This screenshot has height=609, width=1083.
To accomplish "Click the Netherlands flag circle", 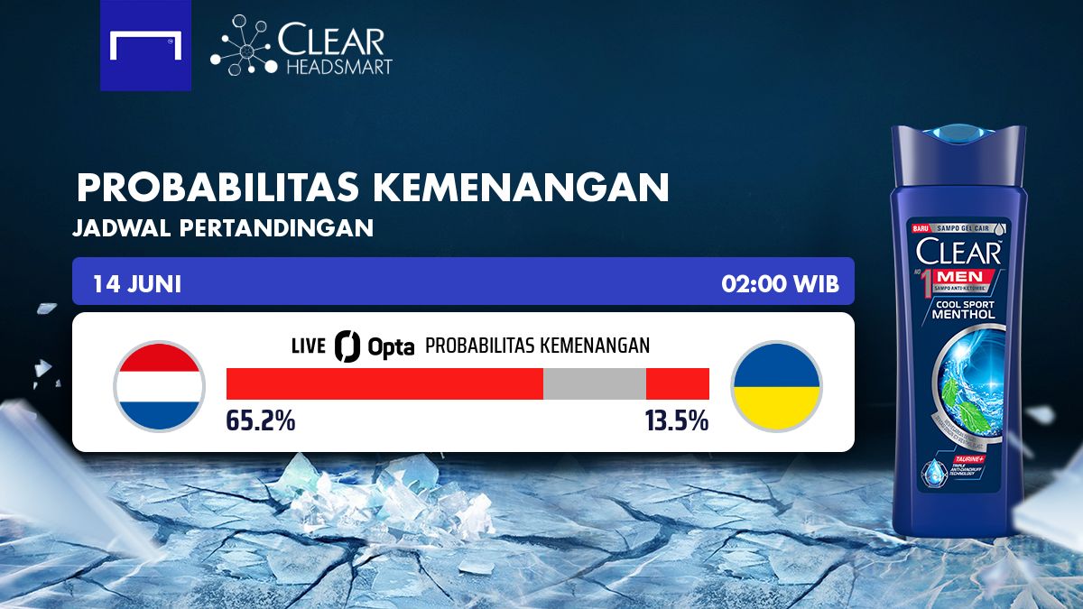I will [159, 386].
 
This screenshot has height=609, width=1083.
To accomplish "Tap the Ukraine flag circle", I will [776, 386].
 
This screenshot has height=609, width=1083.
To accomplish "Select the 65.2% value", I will [261, 420].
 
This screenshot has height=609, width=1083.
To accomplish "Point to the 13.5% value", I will [676, 420].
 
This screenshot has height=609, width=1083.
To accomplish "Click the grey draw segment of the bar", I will [594, 383].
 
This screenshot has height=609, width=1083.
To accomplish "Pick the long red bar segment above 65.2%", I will [384, 383].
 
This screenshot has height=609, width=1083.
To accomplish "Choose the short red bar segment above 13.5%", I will [677, 383].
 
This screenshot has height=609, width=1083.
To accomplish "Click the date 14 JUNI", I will [137, 283].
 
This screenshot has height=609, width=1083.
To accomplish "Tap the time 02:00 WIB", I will [780, 283].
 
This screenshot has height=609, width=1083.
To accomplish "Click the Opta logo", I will [374, 346].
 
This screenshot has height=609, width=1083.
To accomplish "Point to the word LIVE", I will [309, 346].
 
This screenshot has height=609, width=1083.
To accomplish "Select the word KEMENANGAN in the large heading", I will [521, 187].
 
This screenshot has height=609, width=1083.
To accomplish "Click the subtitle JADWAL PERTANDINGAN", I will [224, 228].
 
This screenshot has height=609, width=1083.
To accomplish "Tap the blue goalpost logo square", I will [145, 45].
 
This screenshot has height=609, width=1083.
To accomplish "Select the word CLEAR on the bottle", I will [958, 252].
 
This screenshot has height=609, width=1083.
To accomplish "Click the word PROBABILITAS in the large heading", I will [218, 187].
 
